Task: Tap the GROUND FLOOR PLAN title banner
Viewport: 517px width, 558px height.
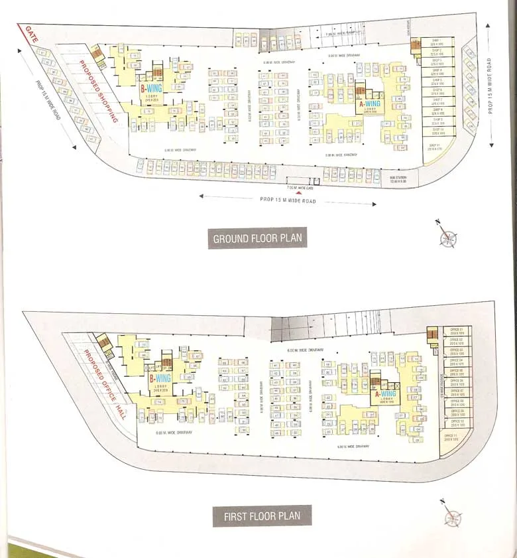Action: click(x=258, y=238)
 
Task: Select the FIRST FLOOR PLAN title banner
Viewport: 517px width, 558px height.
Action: click(x=262, y=515)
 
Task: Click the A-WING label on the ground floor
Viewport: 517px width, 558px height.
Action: click(x=369, y=104)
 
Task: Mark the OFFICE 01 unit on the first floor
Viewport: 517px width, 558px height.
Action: click(x=456, y=330)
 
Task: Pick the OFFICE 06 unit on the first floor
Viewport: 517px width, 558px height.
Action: click(x=456, y=382)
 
